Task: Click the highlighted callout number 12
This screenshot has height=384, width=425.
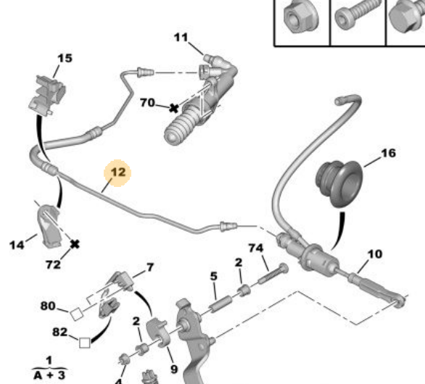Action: coord(118,172)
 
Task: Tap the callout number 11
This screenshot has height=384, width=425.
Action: coord(181,38)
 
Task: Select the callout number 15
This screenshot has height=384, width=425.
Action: coord(65,58)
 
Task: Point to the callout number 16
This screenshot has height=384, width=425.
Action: coord(389,154)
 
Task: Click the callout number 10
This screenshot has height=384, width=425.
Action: coord(375,254)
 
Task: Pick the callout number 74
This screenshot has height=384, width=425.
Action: coord(256,248)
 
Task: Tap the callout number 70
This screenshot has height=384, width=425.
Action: coord(147,103)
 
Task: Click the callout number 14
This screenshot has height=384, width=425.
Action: coord(17,246)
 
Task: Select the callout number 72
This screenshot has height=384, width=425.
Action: coord(53,264)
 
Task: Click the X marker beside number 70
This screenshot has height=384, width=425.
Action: coord(174,109)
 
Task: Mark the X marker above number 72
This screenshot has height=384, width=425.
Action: coord(75,244)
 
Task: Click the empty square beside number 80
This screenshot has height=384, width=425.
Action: coord(76,314)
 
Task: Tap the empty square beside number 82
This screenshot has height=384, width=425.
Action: coord(85,343)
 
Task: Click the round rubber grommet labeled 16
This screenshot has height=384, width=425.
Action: coord(339,183)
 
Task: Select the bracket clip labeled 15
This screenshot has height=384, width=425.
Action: coord(47,96)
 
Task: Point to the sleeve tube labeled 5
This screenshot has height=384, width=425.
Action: coord(220,304)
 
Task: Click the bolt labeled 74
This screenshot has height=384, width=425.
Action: coord(273,274)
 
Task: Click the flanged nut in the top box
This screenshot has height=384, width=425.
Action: coord(300,17)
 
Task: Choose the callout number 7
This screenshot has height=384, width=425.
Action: coord(150,267)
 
